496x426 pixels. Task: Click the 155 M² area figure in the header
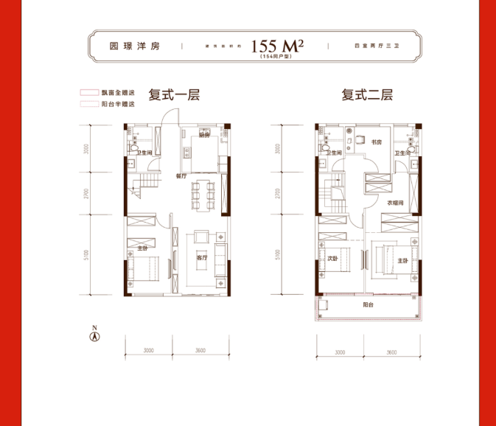tap(277, 46)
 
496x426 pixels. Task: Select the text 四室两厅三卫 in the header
tap(371, 46)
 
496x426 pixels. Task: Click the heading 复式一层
tap(174, 95)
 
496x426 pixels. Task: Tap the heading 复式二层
tap(366, 95)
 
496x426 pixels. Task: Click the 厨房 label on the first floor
tap(205, 136)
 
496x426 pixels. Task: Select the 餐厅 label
tap(181, 177)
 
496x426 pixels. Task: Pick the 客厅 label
tap(201, 259)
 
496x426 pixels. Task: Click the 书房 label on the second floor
tap(376, 142)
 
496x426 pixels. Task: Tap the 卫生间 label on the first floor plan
tap(144, 153)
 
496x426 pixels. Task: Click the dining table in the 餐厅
tap(199, 195)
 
